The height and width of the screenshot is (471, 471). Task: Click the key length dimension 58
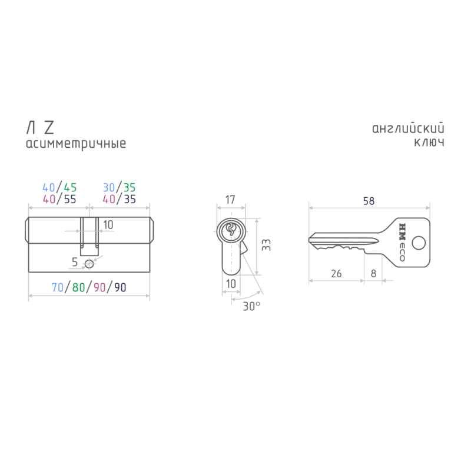(x=369, y=201)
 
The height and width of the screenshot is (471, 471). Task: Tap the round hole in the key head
(x=419, y=243)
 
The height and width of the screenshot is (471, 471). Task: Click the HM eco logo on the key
(x=402, y=242)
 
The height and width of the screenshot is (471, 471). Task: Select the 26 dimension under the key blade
(x=336, y=274)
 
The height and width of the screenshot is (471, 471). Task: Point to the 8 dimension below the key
(x=373, y=274)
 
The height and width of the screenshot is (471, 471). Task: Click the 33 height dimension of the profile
(x=266, y=245)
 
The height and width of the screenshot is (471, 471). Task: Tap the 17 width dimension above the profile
(x=230, y=200)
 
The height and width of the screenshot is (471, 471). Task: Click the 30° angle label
(x=251, y=306)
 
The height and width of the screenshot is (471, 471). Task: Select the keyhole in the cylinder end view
(x=231, y=229)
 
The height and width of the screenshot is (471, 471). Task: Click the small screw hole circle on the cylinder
(x=89, y=264)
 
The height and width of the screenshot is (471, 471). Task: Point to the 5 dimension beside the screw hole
(x=75, y=262)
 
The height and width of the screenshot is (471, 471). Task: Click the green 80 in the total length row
(x=79, y=287)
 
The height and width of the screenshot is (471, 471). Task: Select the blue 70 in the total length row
(x=57, y=287)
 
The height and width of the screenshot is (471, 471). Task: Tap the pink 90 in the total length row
(x=99, y=287)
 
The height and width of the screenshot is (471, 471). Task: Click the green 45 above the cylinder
(x=70, y=188)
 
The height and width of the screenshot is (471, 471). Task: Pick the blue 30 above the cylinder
(x=109, y=188)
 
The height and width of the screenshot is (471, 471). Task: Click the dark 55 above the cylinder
(x=70, y=199)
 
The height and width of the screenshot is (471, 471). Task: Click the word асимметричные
(x=76, y=144)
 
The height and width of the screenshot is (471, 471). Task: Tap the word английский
(x=408, y=128)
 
